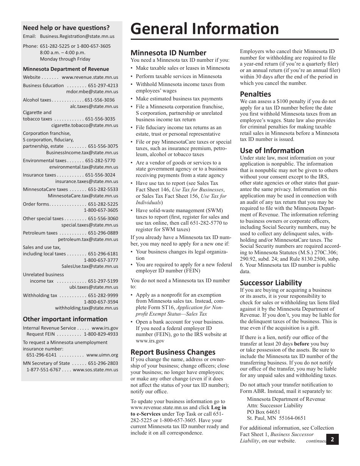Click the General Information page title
tap(205, 29)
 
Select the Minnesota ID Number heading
tap(168, 53)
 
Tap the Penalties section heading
tap(255, 94)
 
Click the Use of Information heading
tap(272, 150)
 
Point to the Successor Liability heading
tap(271, 283)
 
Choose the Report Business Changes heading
tap(173, 352)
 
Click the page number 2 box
tap(332, 439)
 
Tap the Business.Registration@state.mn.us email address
tap(77, 37)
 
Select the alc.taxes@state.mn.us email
tap(94, 106)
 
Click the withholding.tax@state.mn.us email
tap(86, 308)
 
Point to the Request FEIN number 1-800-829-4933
tap(101, 334)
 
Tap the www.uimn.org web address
tap(102, 355)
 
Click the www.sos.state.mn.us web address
tap(95, 369)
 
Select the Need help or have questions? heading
tap(66, 27)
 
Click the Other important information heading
tap(65, 319)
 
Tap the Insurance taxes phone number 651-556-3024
tap(100, 175)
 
